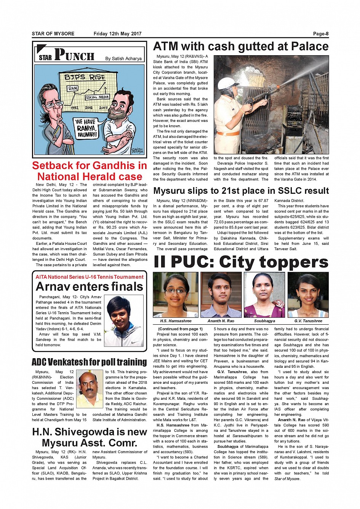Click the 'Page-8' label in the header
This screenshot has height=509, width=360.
(320, 34)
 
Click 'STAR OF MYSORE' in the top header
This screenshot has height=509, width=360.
(53, 34)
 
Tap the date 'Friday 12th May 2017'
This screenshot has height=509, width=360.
(117, 34)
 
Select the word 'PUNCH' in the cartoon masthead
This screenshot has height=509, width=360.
(74, 55)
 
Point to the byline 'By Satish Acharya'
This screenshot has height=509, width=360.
(123, 59)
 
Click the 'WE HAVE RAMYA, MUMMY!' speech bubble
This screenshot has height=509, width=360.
(86, 128)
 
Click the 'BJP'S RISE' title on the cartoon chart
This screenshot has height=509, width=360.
(85, 77)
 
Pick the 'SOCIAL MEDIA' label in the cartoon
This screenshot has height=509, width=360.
(97, 97)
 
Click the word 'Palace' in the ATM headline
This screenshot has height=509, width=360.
(309, 46)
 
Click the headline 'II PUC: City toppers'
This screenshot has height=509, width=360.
(241, 262)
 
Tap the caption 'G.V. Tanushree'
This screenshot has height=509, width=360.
(308, 321)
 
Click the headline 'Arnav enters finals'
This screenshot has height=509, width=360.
(90, 286)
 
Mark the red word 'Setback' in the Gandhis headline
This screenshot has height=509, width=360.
(55, 166)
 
